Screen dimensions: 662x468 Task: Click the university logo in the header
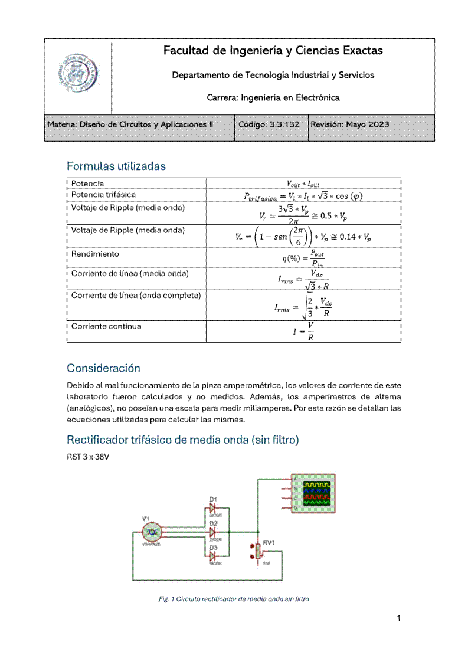(x=78, y=77)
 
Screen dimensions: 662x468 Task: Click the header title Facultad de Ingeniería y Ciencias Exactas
(x=273, y=51)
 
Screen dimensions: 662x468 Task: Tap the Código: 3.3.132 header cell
(x=269, y=124)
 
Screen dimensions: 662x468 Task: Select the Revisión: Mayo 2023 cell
(x=349, y=124)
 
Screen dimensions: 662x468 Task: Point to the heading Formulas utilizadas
(x=116, y=166)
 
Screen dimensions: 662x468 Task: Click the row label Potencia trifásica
(x=103, y=194)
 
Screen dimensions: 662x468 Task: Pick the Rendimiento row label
(x=95, y=254)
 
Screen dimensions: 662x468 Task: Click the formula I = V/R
(x=303, y=331)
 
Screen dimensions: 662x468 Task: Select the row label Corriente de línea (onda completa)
(x=136, y=295)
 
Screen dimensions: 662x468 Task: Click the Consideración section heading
(x=103, y=368)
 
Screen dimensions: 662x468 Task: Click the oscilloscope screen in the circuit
(x=318, y=494)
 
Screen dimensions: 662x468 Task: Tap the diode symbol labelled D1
(x=213, y=507)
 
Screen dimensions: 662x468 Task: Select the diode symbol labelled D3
(x=213, y=556)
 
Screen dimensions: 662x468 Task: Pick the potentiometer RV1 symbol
(x=258, y=551)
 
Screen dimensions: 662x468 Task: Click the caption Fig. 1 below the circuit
(x=234, y=599)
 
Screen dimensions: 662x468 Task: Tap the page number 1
(x=399, y=618)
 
